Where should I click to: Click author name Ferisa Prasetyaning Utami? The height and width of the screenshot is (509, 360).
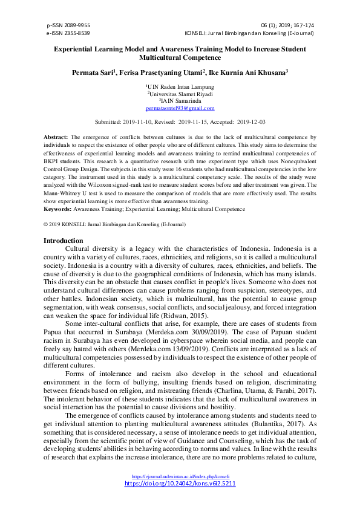163,72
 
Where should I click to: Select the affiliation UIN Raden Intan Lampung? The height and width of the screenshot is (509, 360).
180,87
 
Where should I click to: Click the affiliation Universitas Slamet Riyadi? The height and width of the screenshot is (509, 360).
180,94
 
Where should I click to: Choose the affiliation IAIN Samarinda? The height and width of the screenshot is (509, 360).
180,101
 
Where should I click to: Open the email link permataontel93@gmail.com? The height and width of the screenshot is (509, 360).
180,108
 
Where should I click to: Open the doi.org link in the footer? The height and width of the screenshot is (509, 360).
180,484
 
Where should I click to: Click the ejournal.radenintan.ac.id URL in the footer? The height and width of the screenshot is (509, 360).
180,476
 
